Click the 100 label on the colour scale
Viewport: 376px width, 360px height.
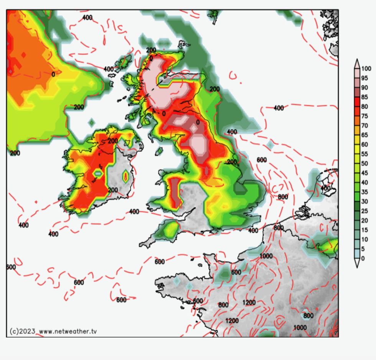(366, 69)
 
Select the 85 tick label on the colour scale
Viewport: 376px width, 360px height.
(364, 97)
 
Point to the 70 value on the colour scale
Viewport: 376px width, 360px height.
(364, 125)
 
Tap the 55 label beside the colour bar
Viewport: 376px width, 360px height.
(364, 154)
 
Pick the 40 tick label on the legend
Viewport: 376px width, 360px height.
(364, 182)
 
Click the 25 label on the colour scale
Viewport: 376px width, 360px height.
(364, 211)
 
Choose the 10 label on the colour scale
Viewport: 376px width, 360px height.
(364, 239)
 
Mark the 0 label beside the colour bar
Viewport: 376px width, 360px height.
(363, 258)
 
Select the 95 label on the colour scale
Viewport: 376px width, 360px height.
(364, 78)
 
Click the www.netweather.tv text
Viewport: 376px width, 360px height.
(68, 331)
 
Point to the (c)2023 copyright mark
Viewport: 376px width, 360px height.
(22, 331)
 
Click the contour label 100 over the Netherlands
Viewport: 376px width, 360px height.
(326, 188)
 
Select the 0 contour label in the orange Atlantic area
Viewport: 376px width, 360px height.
(53, 74)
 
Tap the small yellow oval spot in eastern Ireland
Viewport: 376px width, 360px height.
(125, 176)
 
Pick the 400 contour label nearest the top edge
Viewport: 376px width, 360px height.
(87, 17)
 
